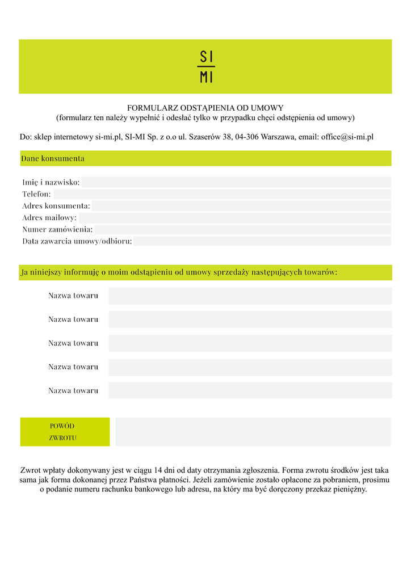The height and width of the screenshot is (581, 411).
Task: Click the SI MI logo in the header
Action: coord(206,67)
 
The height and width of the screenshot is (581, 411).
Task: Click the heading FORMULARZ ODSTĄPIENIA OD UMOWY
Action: coord(205,108)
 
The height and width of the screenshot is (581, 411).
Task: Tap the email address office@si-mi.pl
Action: coord(347,137)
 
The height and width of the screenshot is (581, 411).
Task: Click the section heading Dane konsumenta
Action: coord(53,158)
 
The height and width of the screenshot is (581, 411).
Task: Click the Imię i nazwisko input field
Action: coord(236,182)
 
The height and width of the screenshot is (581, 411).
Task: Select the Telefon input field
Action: coord(222,194)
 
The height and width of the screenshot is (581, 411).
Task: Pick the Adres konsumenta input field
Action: coord(241,206)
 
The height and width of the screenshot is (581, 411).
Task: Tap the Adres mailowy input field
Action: coord(234,218)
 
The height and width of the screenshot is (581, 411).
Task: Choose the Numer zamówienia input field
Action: coord(242,230)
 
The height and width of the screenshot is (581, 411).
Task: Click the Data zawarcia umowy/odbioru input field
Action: coord(262,241)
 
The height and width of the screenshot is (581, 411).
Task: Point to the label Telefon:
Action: coord(36,194)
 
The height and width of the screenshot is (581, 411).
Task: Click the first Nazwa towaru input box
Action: coord(250,296)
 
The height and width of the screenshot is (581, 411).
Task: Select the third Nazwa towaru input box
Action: coord(250,343)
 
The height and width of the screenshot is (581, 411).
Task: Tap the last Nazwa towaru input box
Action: coord(250,390)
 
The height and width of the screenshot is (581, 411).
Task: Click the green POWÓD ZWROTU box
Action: coord(65,432)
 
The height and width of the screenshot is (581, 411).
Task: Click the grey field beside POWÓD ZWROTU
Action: coord(253,432)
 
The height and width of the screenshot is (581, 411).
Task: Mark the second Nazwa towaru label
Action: coord(73,319)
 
